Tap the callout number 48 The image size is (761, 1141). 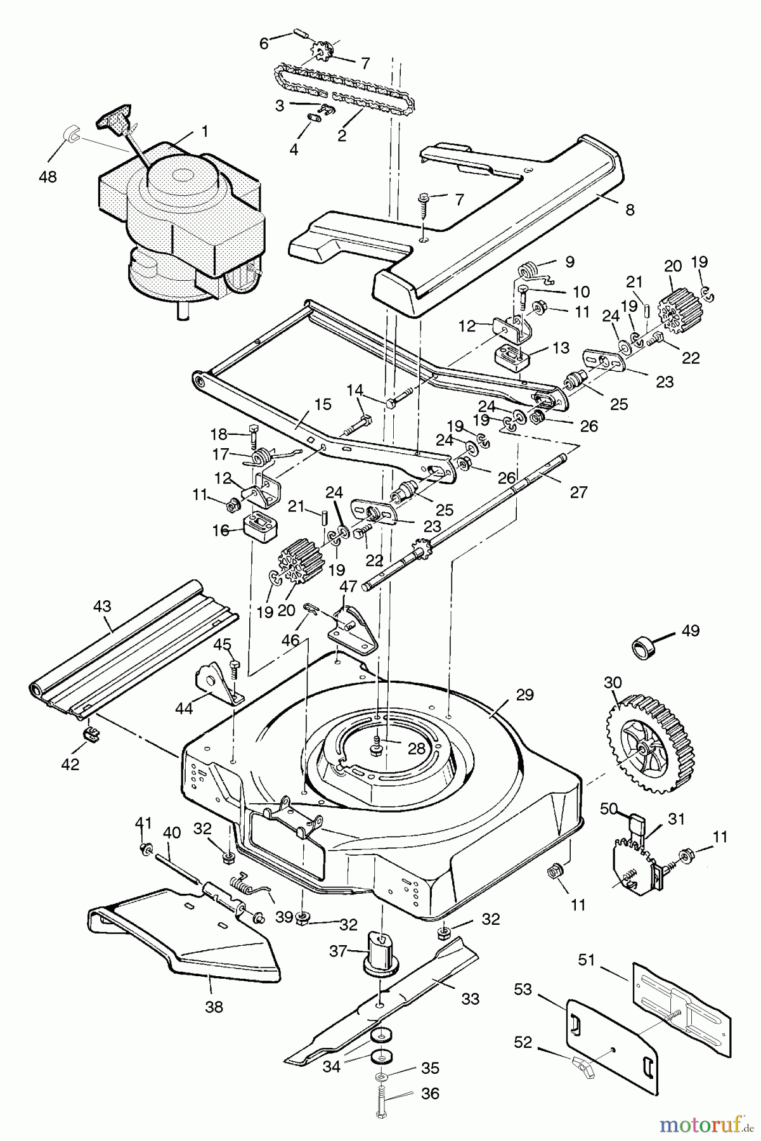click(48, 177)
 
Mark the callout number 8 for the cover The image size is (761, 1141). click(630, 210)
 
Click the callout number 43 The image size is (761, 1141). click(102, 606)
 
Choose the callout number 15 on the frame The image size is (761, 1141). click(323, 404)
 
